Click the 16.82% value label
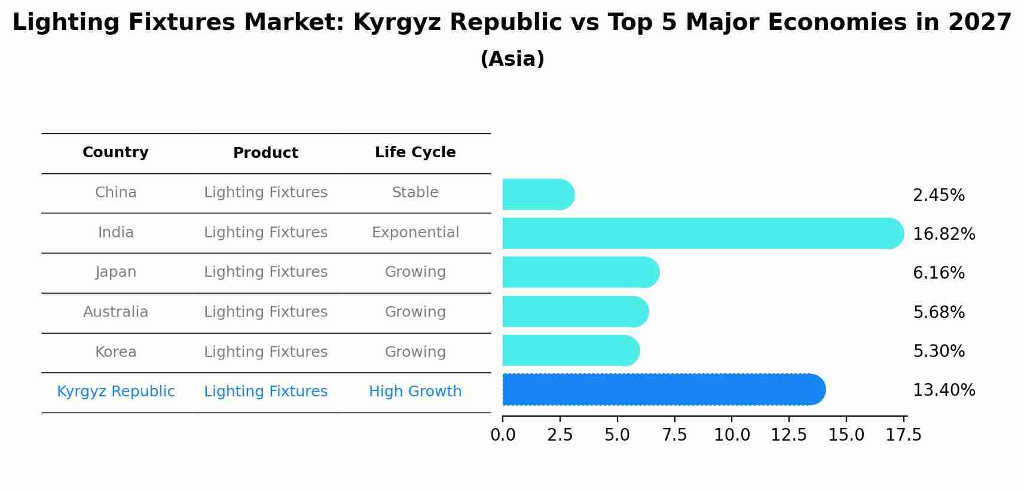point(943,234)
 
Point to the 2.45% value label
point(939,195)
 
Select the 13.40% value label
point(943,390)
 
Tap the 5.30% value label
point(939,351)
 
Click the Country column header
point(115,152)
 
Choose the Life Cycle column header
point(415,152)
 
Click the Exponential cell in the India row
point(415,232)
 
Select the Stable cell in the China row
point(415,192)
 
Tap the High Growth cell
point(415,392)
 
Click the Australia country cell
point(115,312)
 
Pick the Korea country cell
point(115,352)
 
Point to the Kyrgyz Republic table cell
point(115,392)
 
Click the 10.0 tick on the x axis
point(732,435)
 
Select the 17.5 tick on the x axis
point(903,435)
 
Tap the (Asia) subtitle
point(512,59)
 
